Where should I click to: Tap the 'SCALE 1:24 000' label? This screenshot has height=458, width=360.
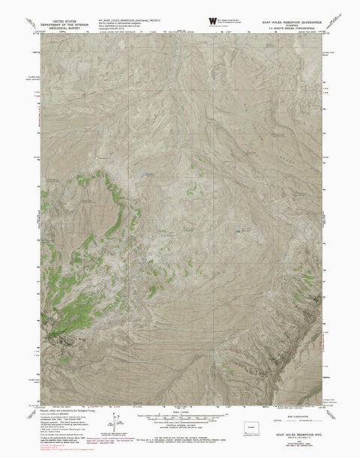pos(179,412)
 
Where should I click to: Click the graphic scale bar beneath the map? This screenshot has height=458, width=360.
pos(179,418)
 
